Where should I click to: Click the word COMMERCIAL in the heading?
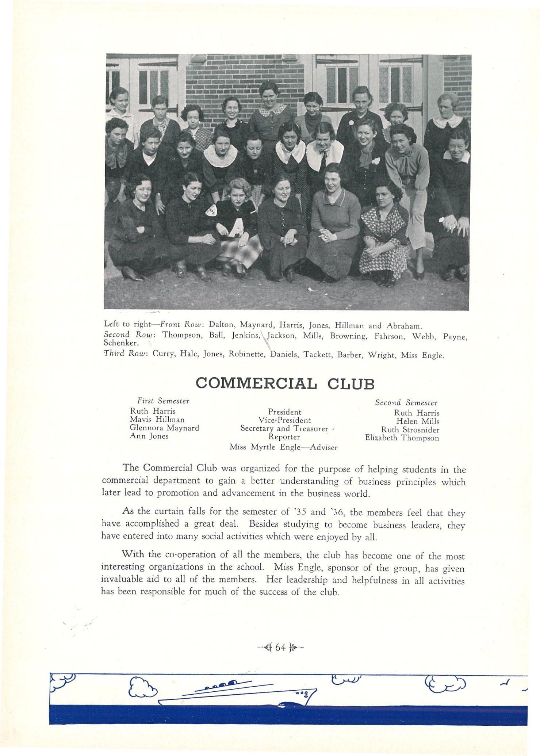click(256, 383)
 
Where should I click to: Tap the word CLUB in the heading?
click(351, 384)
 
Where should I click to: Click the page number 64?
click(280, 647)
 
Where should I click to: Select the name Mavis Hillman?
click(157, 420)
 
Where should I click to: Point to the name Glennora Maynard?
click(164, 428)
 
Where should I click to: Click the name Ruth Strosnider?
click(410, 430)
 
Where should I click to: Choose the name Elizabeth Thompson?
click(402, 438)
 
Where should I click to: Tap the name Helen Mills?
click(418, 421)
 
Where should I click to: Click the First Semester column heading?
click(163, 401)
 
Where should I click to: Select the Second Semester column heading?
click(406, 403)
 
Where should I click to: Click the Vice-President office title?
click(284, 420)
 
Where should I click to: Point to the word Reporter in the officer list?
click(284, 437)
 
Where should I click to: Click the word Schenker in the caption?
click(121, 343)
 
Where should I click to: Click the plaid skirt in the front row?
click(240, 250)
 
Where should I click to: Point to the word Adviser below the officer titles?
click(323, 447)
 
